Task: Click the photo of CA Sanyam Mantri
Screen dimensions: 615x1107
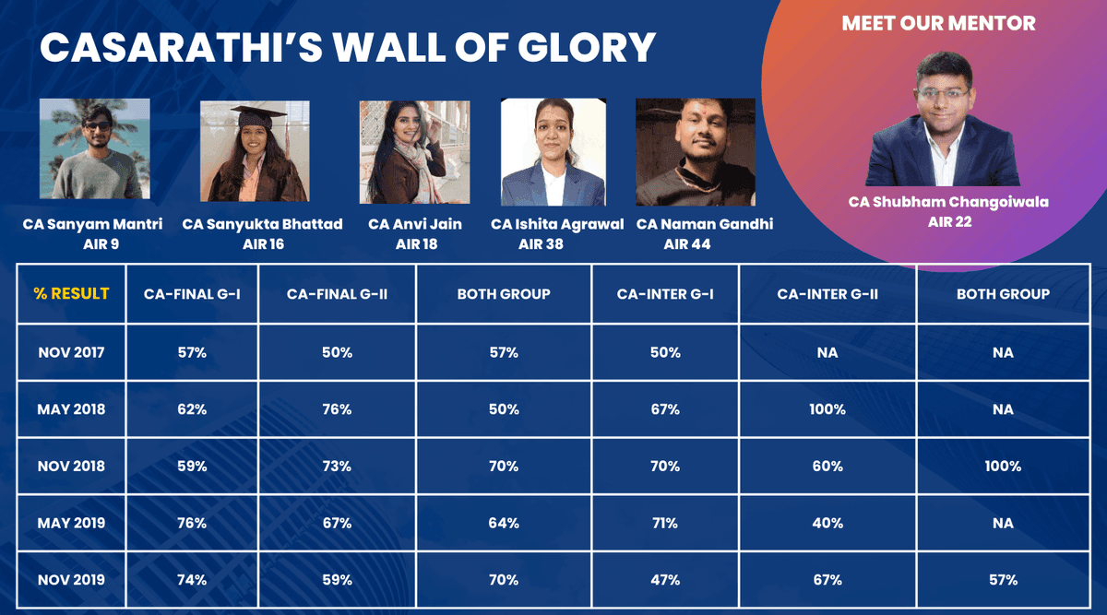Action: [x=94, y=149]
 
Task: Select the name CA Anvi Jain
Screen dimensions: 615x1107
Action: [x=414, y=224]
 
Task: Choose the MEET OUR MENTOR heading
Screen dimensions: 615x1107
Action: [x=938, y=24]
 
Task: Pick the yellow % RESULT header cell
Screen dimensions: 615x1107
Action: [x=71, y=294]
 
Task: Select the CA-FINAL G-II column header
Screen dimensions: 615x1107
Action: [x=337, y=294]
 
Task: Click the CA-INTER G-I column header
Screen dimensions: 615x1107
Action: [x=664, y=294]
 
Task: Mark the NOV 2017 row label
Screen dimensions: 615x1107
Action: [x=71, y=352]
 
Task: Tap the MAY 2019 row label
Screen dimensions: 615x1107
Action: [x=71, y=523]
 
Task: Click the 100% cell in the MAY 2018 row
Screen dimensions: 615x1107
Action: [x=827, y=409]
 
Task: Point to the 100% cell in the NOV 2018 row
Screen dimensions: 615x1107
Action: [x=1003, y=467]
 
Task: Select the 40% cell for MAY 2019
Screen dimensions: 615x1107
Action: [x=827, y=523]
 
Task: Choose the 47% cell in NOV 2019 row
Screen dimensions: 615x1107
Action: [x=664, y=580]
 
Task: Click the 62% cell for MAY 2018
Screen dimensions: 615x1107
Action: [x=192, y=409]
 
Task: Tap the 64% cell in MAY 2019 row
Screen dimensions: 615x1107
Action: [x=504, y=523]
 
